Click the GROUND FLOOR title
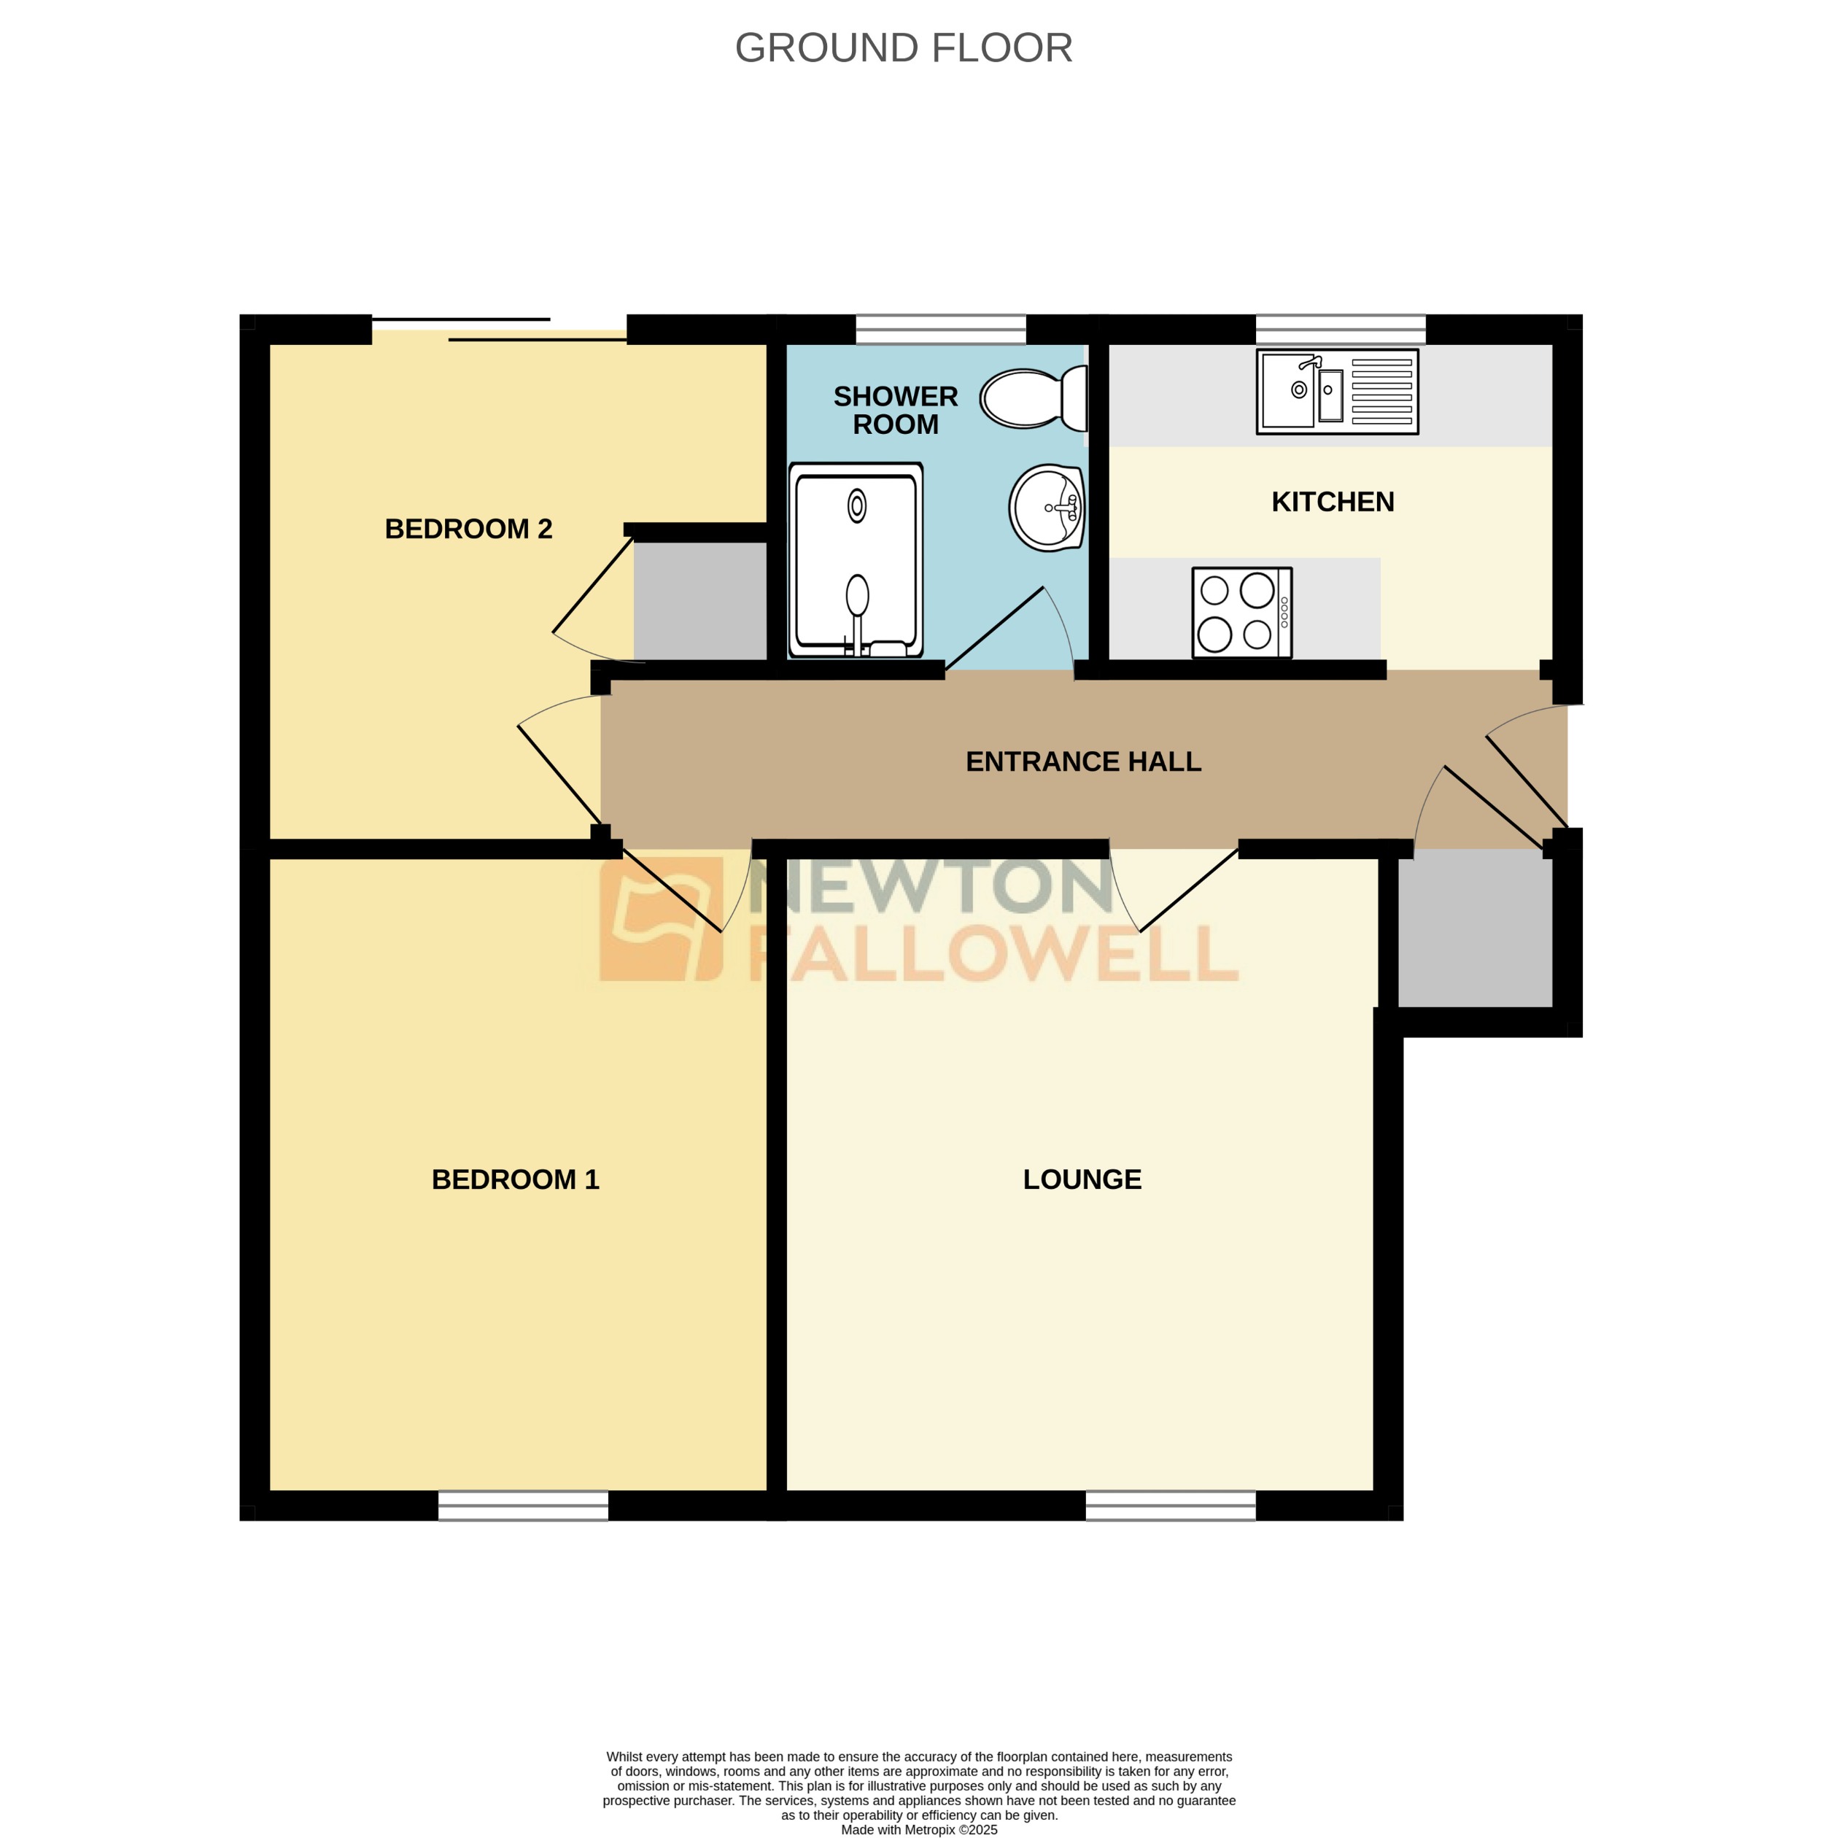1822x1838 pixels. point(903,47)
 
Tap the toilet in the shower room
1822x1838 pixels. point(1031,398)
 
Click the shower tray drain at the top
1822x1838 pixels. point(856,505)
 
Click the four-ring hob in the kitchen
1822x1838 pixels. point(1241,613)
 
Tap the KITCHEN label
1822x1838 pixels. point(1332,501)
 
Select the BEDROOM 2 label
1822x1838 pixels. point(468,528)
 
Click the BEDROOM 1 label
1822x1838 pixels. point(515,1179)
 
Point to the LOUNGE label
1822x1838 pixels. point(1082,1179)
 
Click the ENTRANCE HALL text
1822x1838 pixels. point(1082,761)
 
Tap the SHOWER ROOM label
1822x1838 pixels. point(895,410)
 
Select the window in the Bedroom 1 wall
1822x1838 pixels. point(522,1504)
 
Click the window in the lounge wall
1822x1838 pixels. point(1169,1504)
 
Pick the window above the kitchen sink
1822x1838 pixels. point(1340,329)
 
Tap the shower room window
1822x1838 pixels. point(940,329)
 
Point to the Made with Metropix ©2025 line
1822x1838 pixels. point(918,1829)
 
